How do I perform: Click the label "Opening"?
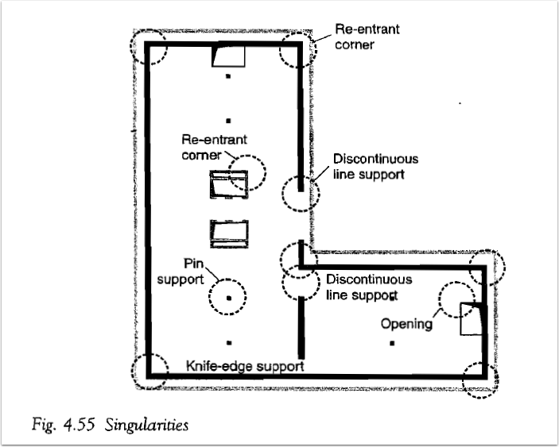point(406,324)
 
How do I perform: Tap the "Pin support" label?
point(181,272)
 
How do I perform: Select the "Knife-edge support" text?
point(245,366)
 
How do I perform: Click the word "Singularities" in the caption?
point(146,425)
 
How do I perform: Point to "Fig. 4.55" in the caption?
point(64,425)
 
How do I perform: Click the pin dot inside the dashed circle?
point(229,298)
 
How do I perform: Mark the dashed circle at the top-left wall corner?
point(131,47)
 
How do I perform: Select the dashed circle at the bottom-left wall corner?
point(132,372)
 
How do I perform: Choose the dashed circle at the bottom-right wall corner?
point(463,380)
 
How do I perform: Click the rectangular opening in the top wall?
point(228,56)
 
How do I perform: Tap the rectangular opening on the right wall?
point(472,319)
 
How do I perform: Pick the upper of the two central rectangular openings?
point(229,184)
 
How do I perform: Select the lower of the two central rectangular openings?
point(229,233)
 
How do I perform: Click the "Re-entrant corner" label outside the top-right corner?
point(367,37)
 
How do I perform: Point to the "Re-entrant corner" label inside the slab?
point(214,147)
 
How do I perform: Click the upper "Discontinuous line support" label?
point(375,167)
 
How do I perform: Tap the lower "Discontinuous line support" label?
point(369,287)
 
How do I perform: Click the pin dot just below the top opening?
point(228,75)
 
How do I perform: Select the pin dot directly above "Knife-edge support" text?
point(229,343)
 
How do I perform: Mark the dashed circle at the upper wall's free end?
point(282,194)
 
